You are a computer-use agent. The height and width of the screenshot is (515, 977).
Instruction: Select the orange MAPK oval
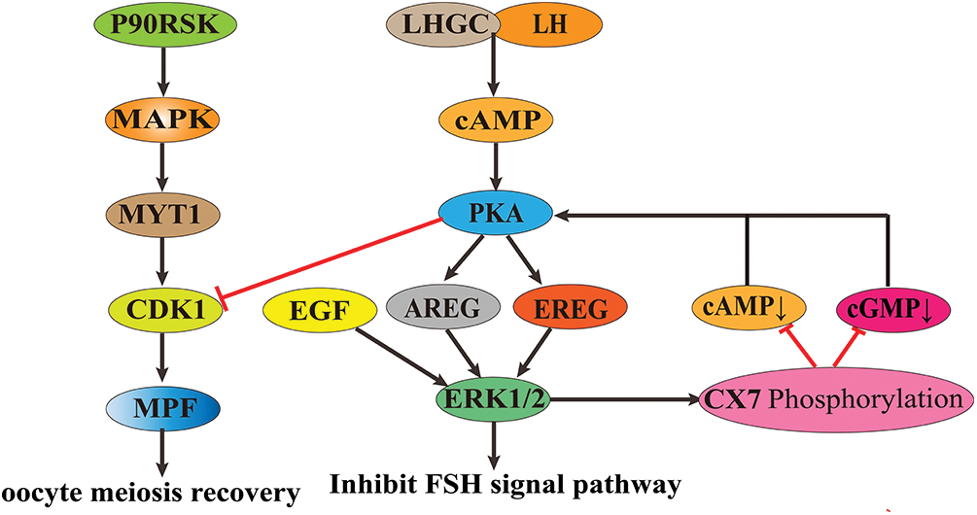161,120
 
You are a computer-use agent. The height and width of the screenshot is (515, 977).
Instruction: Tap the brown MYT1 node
161,214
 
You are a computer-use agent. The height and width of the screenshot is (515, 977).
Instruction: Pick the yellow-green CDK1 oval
161,311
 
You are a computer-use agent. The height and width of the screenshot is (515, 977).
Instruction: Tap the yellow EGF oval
314,311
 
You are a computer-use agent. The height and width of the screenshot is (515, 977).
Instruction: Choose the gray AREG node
442,311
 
